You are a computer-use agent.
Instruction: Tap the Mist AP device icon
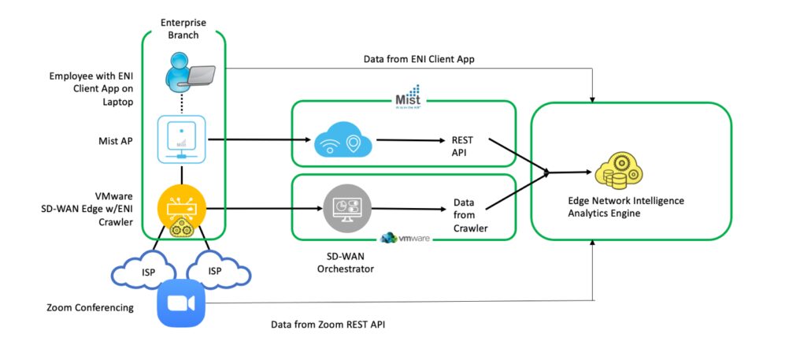[182, 139]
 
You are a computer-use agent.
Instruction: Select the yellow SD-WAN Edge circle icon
[182, 208]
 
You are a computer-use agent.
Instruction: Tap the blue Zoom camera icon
[181, 304]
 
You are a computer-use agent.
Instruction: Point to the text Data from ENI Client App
[430, 59]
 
